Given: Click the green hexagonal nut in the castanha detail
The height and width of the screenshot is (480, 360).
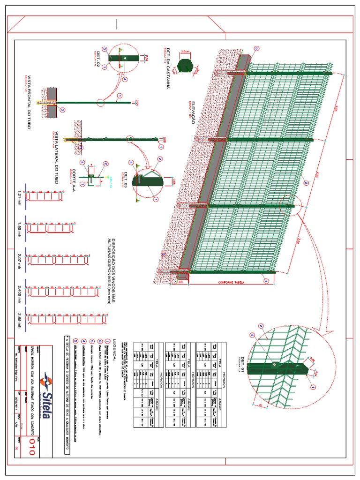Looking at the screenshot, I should tap(186, 67).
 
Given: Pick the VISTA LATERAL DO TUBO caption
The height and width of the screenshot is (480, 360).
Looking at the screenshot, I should tap(58, 157).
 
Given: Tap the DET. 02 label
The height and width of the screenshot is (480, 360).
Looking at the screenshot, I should tap(99, 58).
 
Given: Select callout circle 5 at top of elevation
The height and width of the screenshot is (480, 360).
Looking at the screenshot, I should tap(256, 49).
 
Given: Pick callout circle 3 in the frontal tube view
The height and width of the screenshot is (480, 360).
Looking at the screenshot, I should tap(63, 110).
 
